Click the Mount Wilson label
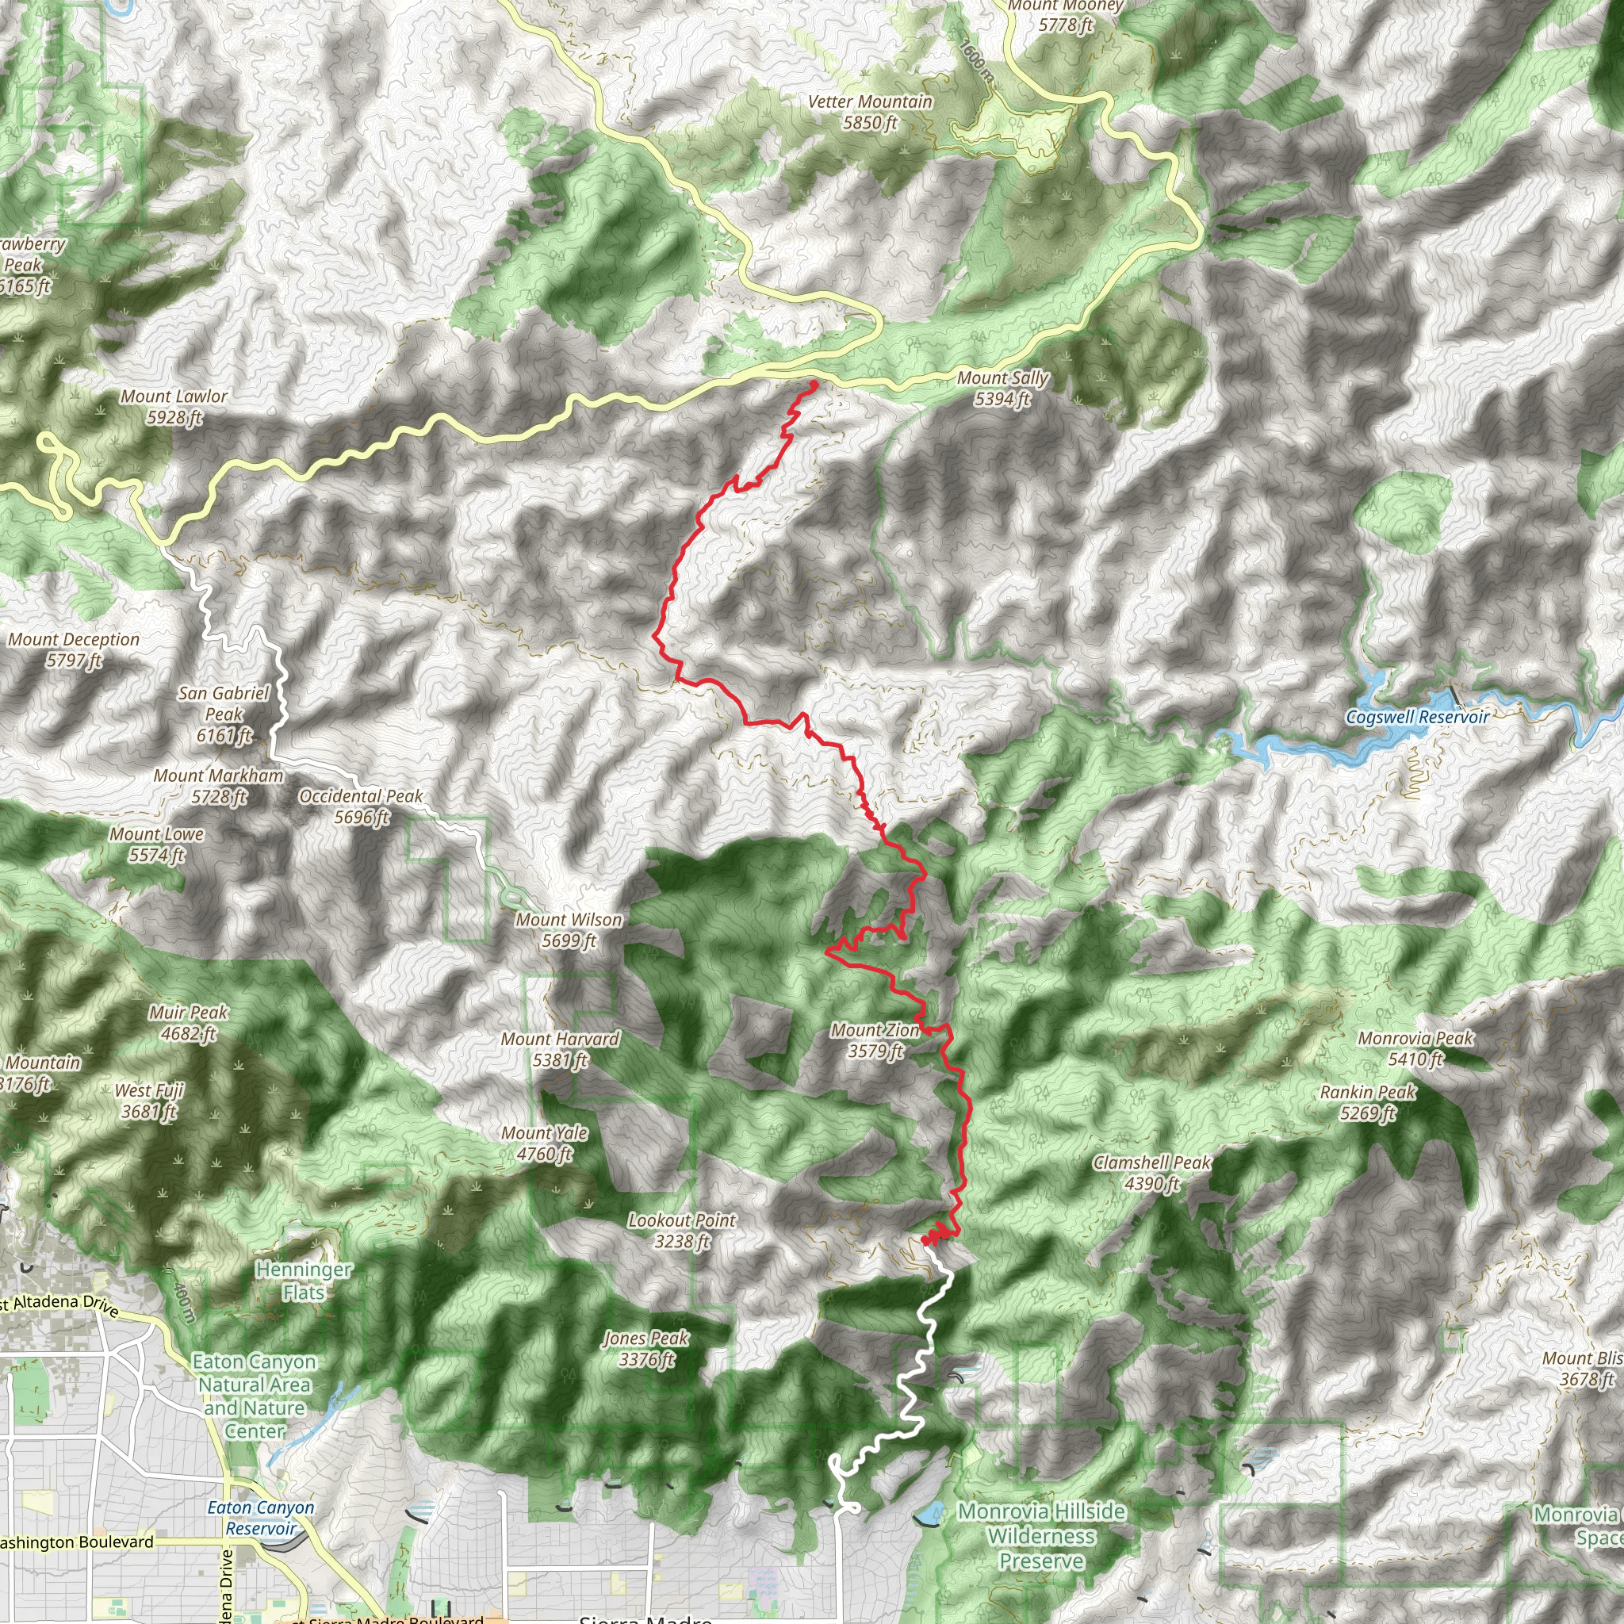tap(569, 930)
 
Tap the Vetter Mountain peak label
tap(870, 112)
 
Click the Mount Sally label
tap(1002, 389)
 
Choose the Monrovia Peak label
tap(1415, 1048)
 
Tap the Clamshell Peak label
tap(1151, 1173)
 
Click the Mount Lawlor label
tap(174, 406)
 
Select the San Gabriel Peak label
tap(224, 714)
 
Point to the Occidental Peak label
tap(362, 806)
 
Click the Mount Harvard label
tap(560, 1049)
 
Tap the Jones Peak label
tap(645, 1348)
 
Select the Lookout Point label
tap(682, 1231)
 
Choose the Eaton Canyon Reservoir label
tap(261, 1518)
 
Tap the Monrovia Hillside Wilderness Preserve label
tap(1041, 1536)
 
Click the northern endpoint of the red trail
tap(814, 384)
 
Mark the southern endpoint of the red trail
tap(924, 1241)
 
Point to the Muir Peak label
tap(188, 1022)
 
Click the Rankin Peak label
tap(1368, 1102)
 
